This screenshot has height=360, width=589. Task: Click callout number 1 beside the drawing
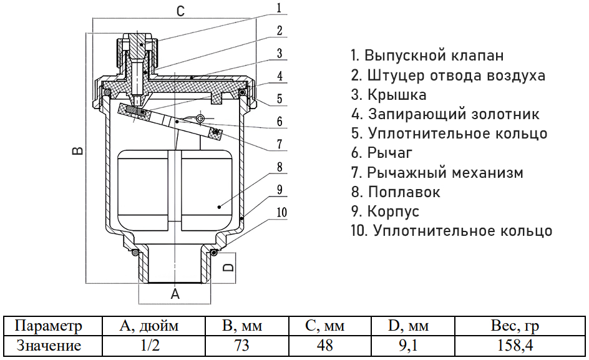tap(280, 8)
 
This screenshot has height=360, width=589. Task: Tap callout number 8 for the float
tap(280, 167)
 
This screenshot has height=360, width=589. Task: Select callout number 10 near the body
tap(281, 213)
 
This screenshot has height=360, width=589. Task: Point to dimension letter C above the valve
tap(180, 11)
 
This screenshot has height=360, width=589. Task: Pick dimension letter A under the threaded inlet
tap(175, 294)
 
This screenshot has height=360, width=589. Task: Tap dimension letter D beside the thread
tap(229, 267)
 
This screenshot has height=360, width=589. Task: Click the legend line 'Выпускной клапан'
tap(427, 56)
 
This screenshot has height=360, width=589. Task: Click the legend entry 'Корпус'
tap(385, 211)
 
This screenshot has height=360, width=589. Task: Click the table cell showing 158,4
tap(515, 345)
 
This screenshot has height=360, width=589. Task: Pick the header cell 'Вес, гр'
tap(515, 326)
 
